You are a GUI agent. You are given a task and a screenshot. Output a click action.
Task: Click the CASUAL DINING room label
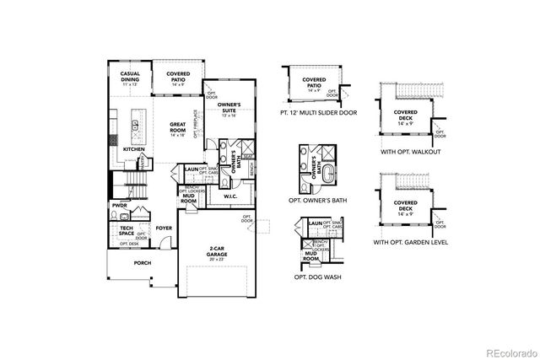coord(130,77)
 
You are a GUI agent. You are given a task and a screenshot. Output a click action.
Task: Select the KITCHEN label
coord(135,148)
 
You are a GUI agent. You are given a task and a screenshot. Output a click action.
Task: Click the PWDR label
coord(119,204)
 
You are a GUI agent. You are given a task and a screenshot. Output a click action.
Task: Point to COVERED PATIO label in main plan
coord(177,78)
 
